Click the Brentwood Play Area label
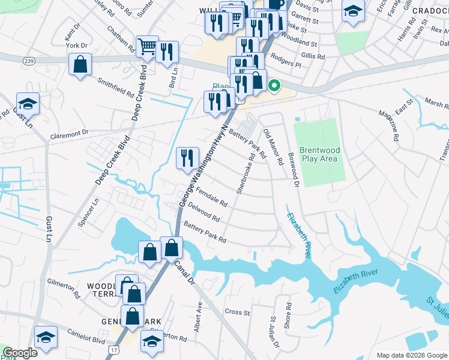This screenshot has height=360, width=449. (319, 154)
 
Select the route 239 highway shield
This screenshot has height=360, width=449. (28, 61)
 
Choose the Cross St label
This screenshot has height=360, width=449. (237, 312)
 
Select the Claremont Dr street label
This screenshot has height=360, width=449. (69, 132)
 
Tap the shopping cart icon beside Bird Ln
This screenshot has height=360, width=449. (146, 46)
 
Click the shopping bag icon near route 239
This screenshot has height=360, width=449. (80, 64)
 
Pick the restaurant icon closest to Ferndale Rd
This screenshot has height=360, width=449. (187, 157)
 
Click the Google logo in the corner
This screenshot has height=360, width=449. (20, 353)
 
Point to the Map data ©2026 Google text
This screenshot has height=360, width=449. (411, 355)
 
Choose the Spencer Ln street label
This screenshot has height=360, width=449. (88, 214)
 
